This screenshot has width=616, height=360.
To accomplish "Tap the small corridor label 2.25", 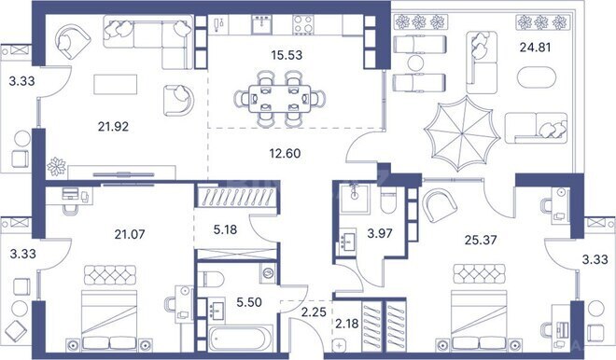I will pyautogui.click(x=315, y=312).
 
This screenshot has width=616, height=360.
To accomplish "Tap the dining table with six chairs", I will pyautogui.click(x=280, y=94).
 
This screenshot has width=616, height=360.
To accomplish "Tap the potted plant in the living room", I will pyautogui.click(x=56, y=166).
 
